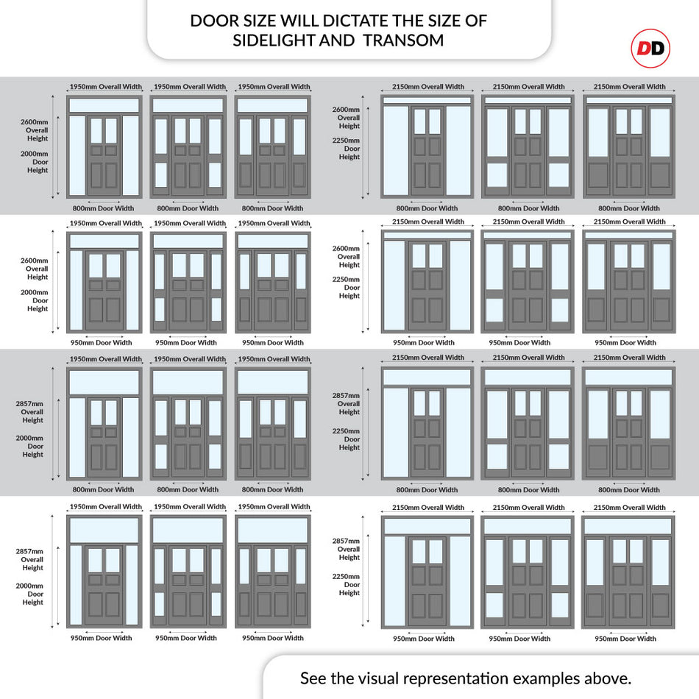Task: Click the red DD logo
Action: tap(650, 48)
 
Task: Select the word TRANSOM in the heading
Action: tap(403, 40)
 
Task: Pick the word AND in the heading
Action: tap(337, 40)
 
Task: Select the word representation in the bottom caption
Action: tap(456, 679)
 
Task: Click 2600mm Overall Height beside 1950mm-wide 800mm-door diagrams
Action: tap(35, 130)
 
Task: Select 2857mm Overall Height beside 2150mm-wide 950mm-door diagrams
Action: tap(346, 549)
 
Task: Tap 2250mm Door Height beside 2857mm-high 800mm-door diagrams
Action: tap(346, 439)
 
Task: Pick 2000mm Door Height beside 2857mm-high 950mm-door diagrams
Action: tap(30, 594)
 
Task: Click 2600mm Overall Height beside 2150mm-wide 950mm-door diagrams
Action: tap(346, 256)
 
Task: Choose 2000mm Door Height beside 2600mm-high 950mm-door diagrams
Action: tap(35, 300)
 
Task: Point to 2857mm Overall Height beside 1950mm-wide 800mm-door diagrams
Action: tap(30, 412)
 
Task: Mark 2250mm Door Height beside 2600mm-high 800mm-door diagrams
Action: tap(346, 149)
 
